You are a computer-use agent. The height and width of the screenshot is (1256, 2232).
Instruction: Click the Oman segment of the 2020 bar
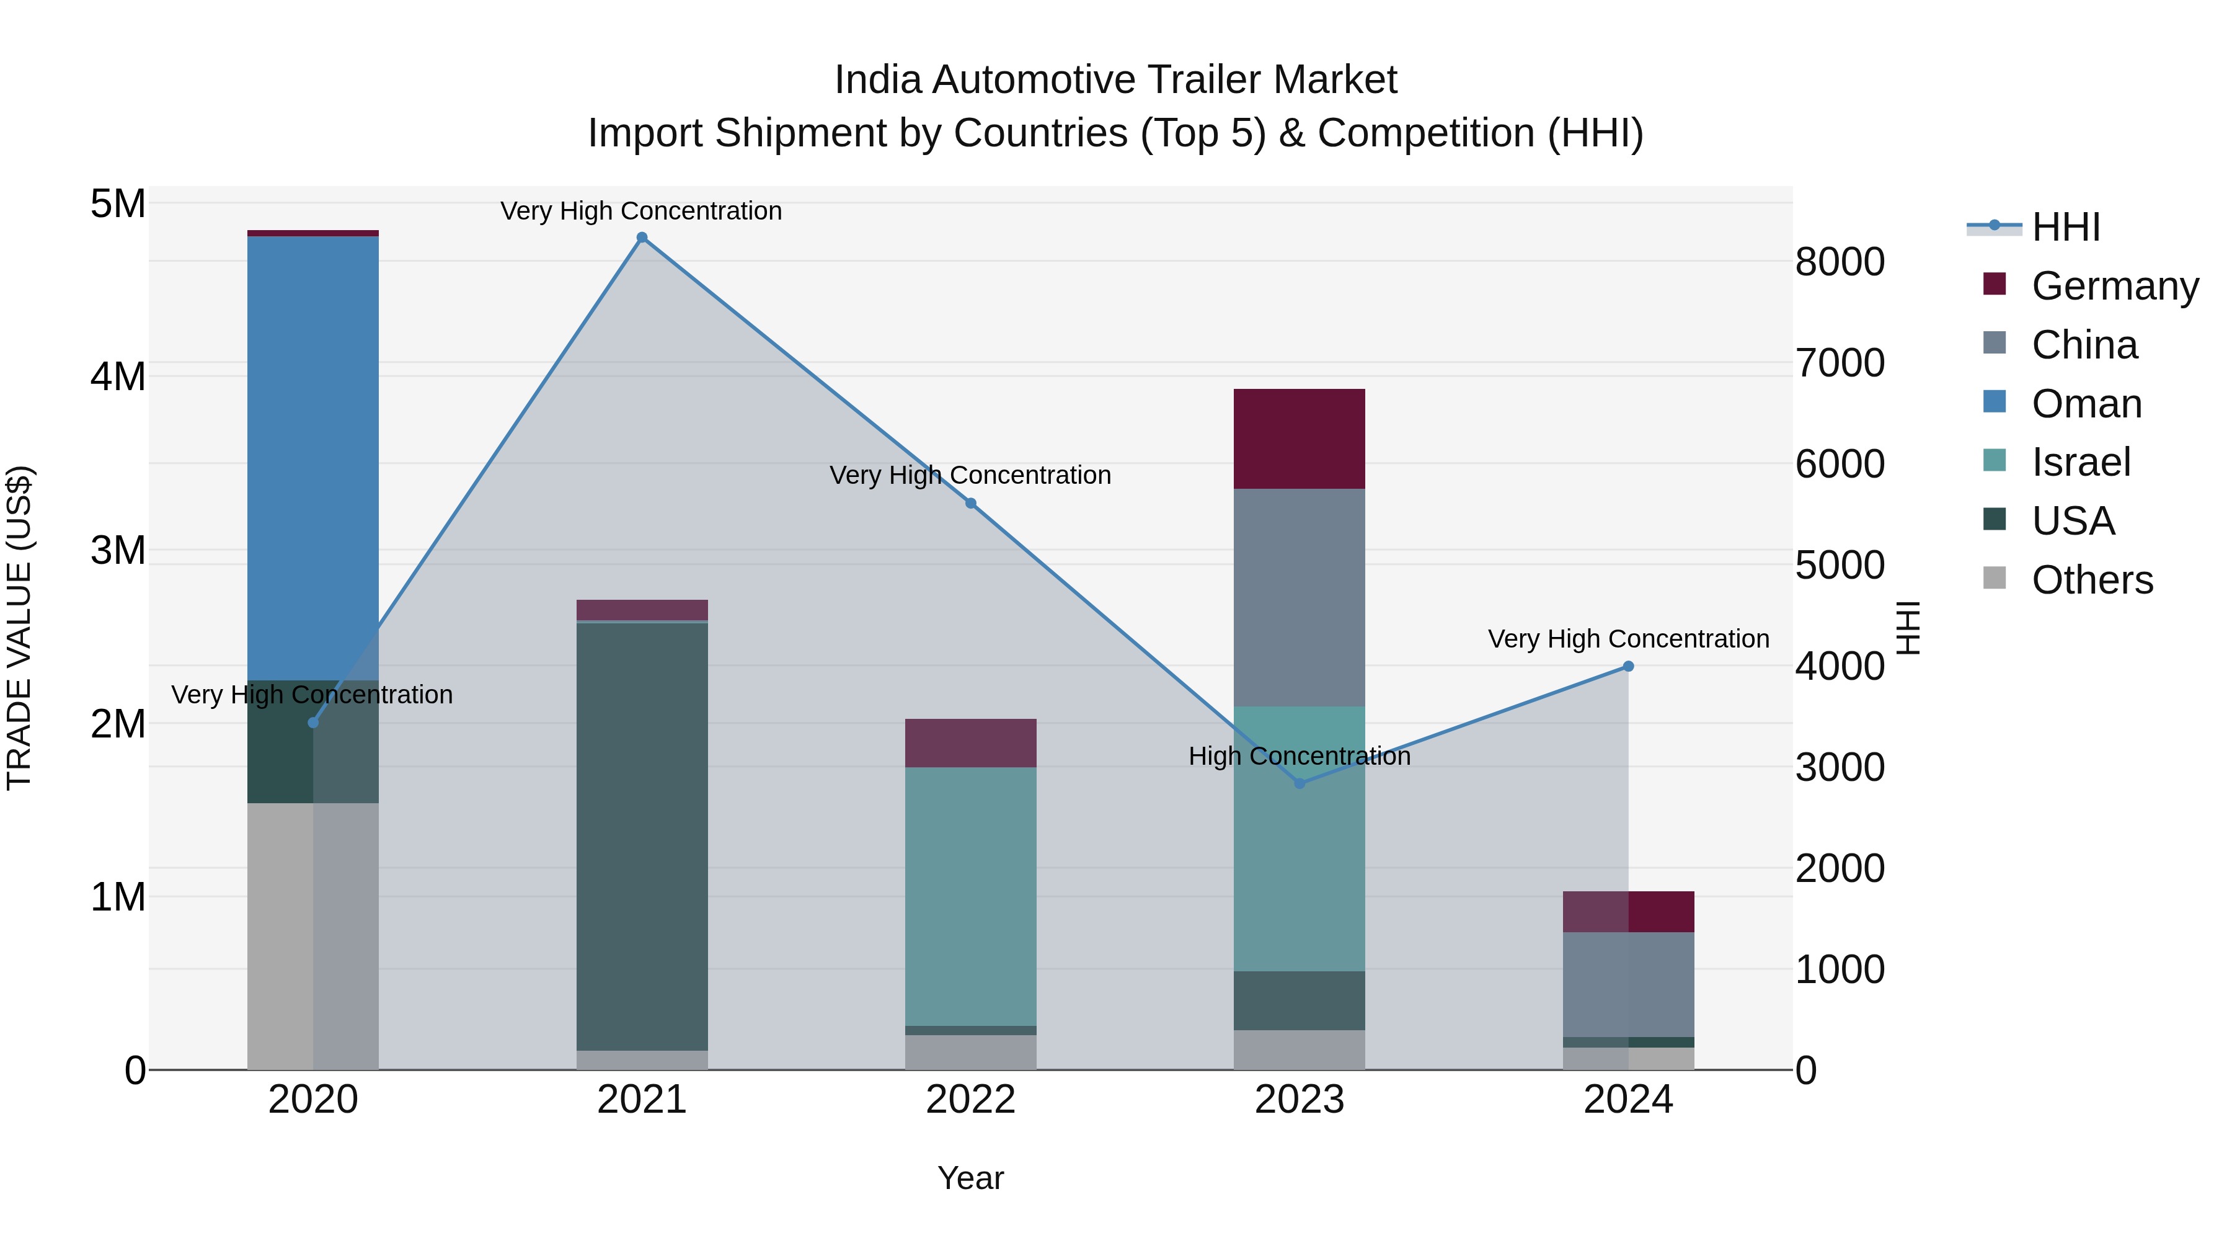[x=313, y=458]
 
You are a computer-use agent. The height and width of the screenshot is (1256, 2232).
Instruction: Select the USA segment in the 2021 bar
[x=642, y=837]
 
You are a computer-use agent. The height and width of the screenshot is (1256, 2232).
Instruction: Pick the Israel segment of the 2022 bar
[x=970, y=896]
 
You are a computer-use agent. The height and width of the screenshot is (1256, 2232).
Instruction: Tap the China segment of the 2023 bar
[x=1299, y=597]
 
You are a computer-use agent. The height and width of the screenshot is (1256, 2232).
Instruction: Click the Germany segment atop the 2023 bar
[x=1299, y=439]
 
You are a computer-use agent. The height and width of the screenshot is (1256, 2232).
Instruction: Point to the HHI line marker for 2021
[x=642, y=238]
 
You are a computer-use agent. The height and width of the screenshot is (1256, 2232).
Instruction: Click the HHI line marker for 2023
[x=1299, y=783]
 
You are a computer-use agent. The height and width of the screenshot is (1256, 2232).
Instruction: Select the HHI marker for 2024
[x=1628, y=667]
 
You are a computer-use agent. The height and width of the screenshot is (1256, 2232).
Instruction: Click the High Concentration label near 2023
[x=1299, y=757]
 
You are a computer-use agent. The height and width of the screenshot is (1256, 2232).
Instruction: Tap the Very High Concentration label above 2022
[x=970, y=476]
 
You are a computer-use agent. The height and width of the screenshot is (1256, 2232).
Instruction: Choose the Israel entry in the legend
[x=2080, y=462]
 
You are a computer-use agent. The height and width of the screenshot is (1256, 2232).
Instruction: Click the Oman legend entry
[x=2086, y=404]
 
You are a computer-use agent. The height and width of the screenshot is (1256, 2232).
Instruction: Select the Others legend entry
[x=2092, y=580]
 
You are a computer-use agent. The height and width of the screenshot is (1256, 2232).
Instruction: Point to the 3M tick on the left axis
[x=118, y=550]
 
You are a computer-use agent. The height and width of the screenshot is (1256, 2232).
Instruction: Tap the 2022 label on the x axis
[x=970, y=1100]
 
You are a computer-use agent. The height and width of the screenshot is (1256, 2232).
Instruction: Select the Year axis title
[x=970, y=1178]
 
